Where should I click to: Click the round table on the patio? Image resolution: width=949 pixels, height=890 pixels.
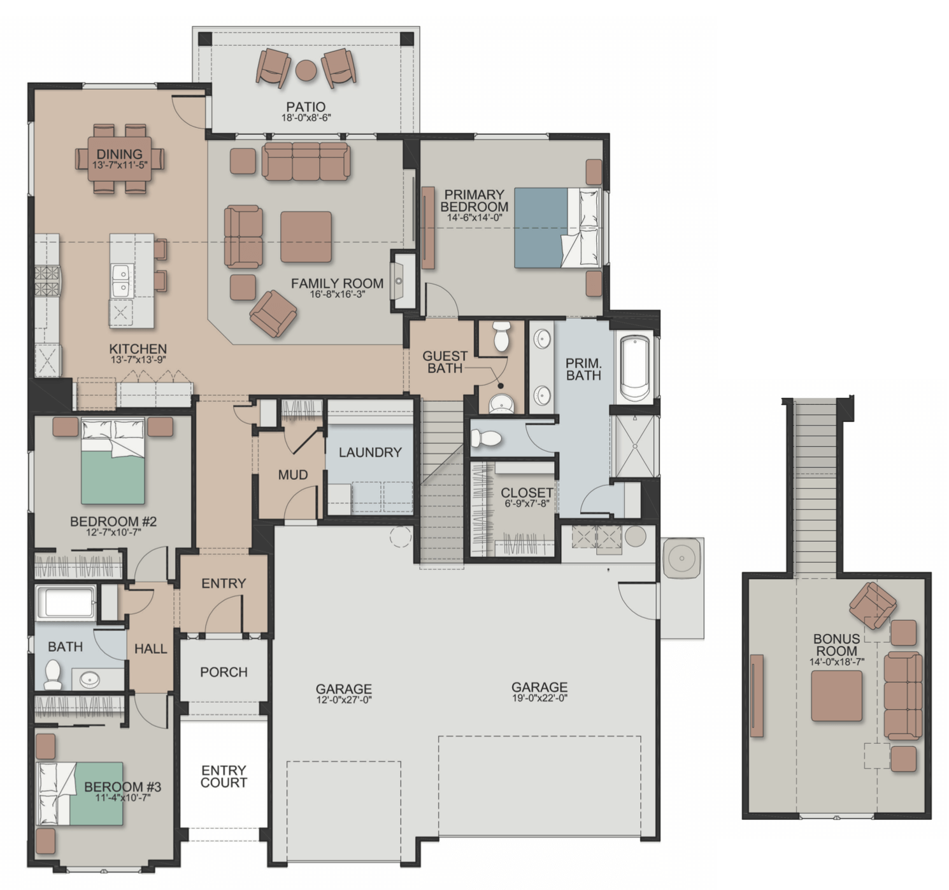coord(306,71)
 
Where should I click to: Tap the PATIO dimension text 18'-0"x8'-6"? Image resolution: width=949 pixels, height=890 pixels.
coord(306,118)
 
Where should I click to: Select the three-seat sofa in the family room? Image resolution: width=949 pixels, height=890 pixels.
coord(306,162)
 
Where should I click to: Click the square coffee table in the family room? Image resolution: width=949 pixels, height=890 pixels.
coord(306,237)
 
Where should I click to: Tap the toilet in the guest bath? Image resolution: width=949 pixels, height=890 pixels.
coord(501,336)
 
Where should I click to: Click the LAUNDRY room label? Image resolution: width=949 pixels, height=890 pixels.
coord(370,452)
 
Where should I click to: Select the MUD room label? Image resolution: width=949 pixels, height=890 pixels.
coord(293,474)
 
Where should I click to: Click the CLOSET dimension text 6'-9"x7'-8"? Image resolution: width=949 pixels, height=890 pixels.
coord(527,503)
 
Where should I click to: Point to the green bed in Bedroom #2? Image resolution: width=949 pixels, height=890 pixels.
coord(113,462)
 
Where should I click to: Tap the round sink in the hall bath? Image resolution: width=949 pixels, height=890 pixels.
coord(89,680)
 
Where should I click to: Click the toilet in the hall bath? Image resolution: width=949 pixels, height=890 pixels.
coord(52,675)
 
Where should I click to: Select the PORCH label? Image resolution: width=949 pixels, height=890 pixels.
coord(224,672)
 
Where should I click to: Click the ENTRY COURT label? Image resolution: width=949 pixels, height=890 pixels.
coord(224,776)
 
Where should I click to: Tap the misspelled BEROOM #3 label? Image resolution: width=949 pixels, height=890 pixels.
coord(123,787)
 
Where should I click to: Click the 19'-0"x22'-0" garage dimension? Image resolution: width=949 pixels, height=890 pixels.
coord(539,698)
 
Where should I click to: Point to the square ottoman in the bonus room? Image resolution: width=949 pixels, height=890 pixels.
coord(837,696)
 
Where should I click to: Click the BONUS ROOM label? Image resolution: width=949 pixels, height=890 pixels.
coord(837,644)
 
